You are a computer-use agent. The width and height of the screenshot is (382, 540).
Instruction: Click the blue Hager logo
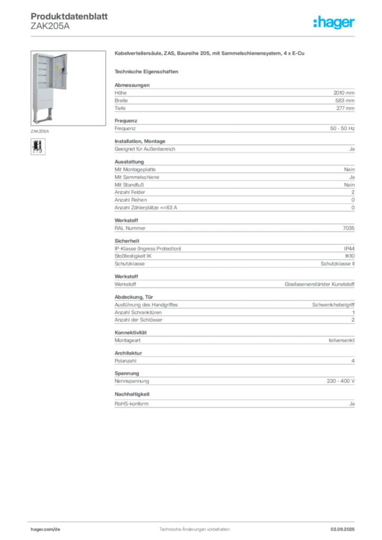[x=335, y=23]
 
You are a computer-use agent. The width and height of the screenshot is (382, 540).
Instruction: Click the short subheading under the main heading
[x=148, y=71]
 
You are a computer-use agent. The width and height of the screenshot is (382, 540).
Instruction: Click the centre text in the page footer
[x=195, y=527]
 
